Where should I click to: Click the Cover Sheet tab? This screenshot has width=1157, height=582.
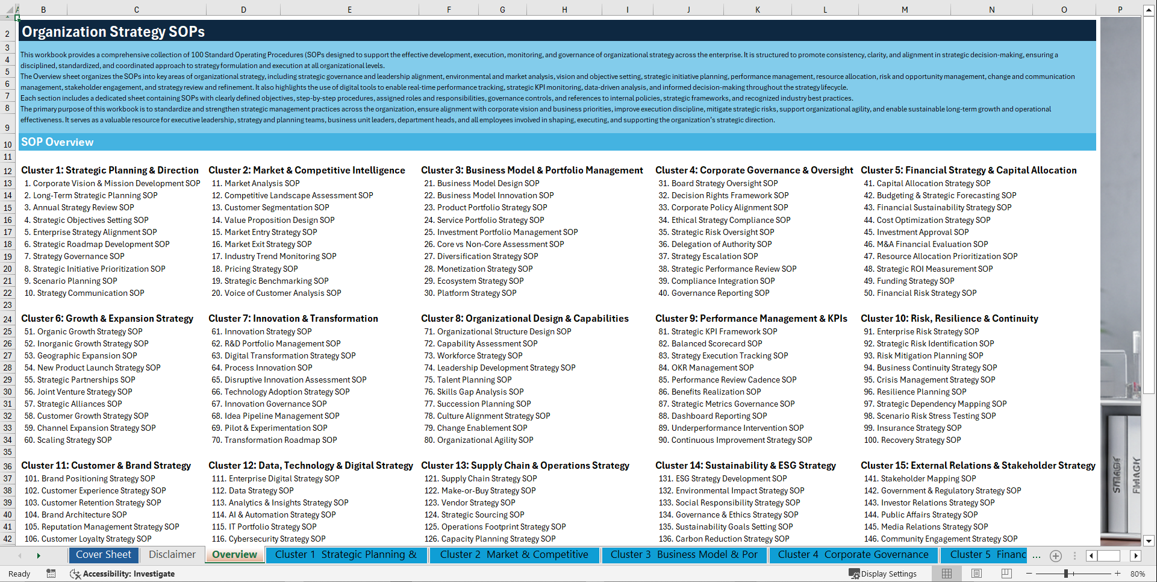tap(104, 555)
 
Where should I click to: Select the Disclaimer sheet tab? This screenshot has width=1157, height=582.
tap(172, 555)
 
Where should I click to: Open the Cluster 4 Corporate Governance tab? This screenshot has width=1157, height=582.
tap(853, 555)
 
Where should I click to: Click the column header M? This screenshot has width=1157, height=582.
tap(905, 10)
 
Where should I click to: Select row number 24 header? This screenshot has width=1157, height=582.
tap(8, 319)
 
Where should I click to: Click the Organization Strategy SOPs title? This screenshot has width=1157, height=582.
tap(113, 32)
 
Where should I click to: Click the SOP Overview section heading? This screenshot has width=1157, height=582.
tap(57, 142)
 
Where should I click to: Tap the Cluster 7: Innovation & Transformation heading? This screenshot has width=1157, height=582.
tap(293, 319)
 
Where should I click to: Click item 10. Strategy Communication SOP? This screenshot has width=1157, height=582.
tap(84, 293)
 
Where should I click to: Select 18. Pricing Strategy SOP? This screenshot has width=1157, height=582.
tap(255, 269)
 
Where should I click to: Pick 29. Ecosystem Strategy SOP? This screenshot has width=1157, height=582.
tap(474, 281)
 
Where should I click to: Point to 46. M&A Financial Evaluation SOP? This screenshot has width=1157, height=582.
tap(926, 245)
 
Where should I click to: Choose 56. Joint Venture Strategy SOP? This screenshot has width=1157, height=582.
tap(78, 392)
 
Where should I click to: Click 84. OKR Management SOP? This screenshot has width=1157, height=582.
tap(706, 368)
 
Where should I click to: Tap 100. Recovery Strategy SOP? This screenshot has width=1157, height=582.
tap(912, 440)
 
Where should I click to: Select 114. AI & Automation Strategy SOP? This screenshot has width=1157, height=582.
tap(274, 515)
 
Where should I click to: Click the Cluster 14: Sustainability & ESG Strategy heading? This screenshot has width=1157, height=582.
tap(746, 466)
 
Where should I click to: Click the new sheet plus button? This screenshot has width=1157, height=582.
tap(1056, 555)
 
